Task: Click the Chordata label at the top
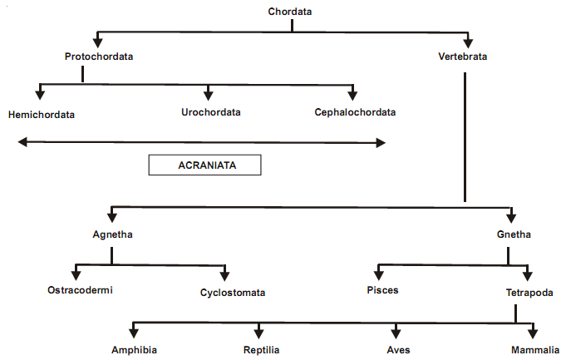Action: (x=291, y=11)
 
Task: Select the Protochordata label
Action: (x=99, y=57)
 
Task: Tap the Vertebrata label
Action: (x=462, y=57)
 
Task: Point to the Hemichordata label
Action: (x=41, y=114)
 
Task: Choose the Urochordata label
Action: (x=211, y=111)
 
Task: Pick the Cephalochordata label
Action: (x=355, y=111)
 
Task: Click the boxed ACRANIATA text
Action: (x=206, y=165)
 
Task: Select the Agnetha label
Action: (x=112, y=234)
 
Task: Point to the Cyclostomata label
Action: (x=232, y=293)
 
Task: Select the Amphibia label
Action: (x=135, y=350)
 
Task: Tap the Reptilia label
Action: (x=261, y=350)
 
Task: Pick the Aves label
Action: (x=397, y=350)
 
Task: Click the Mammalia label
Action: (x=532, y=350)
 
